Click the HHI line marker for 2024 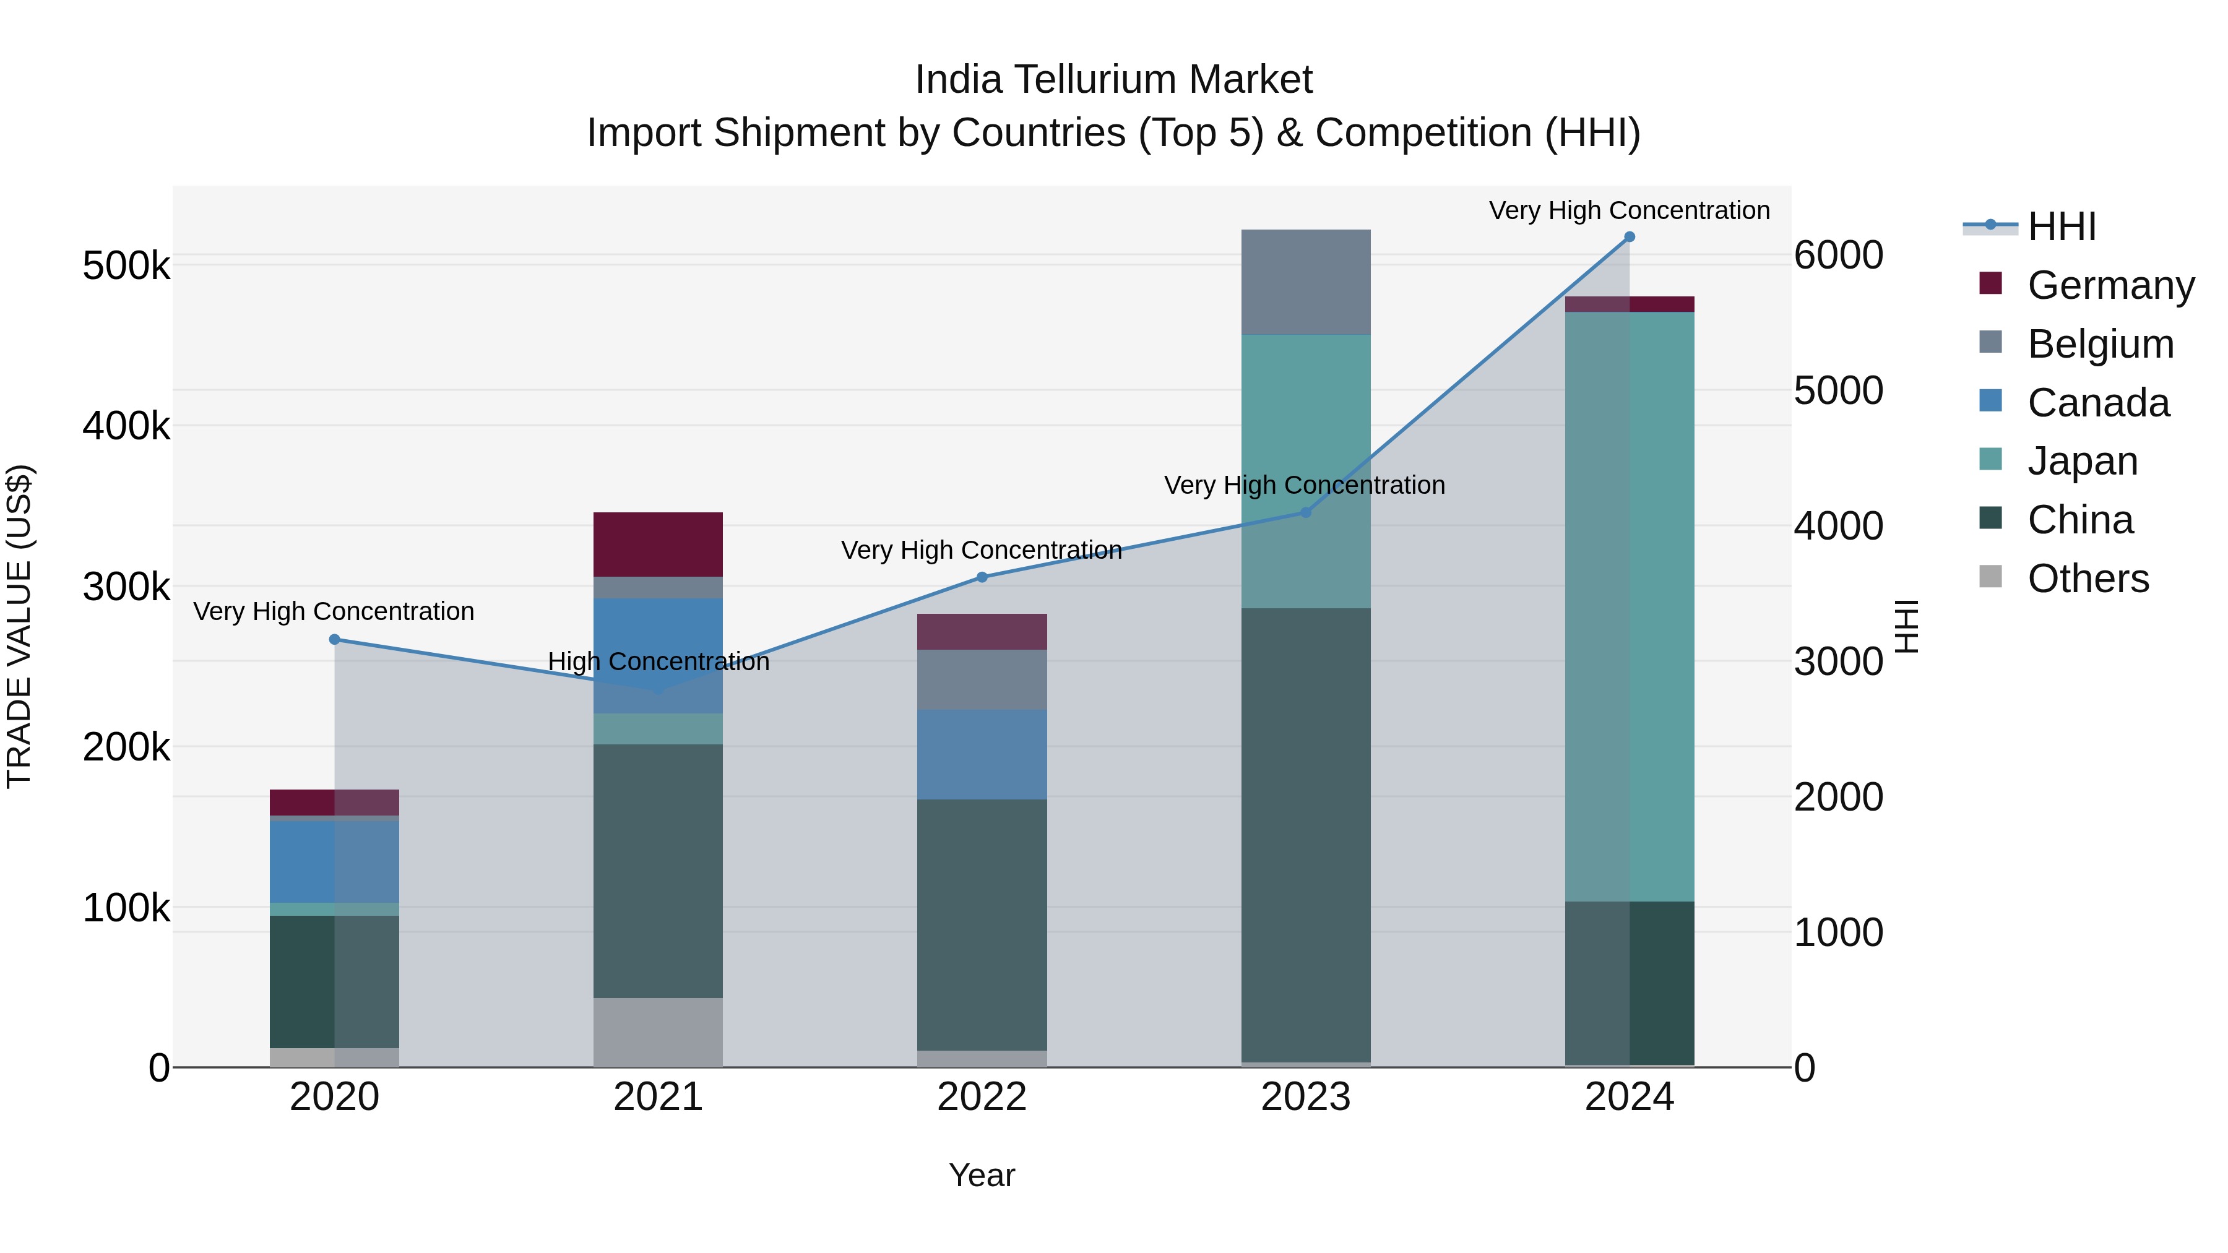click(1629, 237)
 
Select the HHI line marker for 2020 click(335, 639)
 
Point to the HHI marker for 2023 click(1305, 513)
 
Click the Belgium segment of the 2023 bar click(1305, 282)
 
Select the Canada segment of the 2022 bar click(982, 754)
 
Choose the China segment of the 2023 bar click(1305, 835)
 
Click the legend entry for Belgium click(2100, 344)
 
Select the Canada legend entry click(2098, 403)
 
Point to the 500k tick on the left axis click(126, 265)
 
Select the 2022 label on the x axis click(982, 1097)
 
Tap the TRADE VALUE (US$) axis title click(20, 626)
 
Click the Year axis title click(982, 1175)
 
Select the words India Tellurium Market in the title click(1113, 80)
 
